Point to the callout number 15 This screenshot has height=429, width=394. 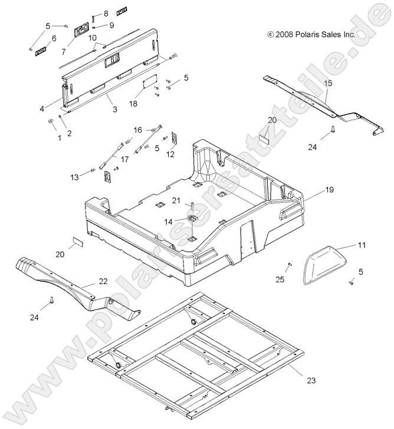[328, 84]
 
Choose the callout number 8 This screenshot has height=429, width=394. [106, 13]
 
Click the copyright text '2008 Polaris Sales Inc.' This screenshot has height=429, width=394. [311, 35]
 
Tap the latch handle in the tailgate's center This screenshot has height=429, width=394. [111, 60]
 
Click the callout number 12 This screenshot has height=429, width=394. [170, 154]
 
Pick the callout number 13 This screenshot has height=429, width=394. [74, 176]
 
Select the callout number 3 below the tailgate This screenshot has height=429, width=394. [114, 110]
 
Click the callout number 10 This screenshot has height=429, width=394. [93, 38]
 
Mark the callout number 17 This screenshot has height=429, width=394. [124, 159]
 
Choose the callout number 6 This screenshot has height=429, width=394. [54, 38]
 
